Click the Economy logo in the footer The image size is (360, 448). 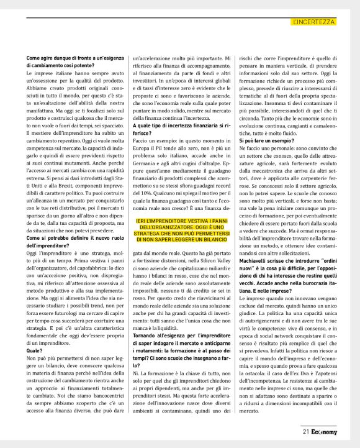tap(325, 431)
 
